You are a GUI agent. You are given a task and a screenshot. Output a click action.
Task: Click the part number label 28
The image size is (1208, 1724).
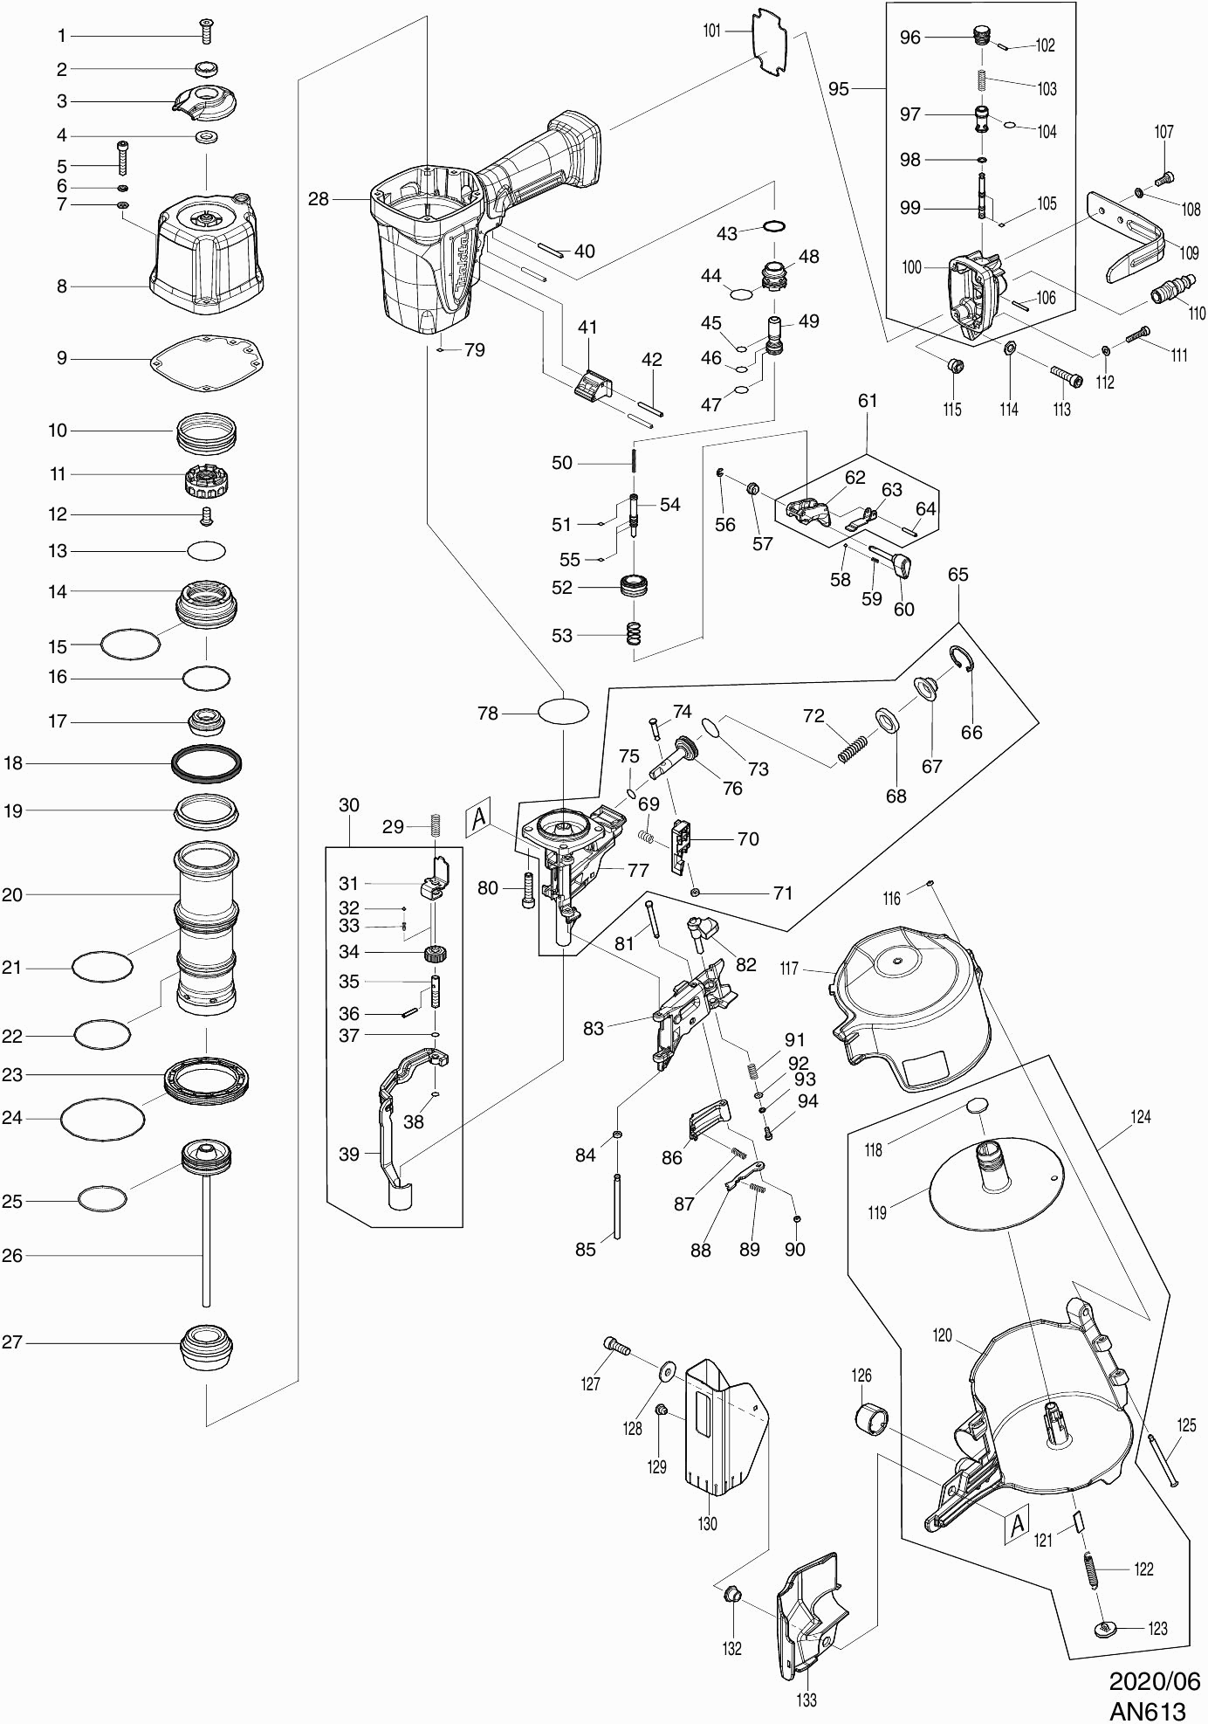pyautogui.click(x=319, y=199)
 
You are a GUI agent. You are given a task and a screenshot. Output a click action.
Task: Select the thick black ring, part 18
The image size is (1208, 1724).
pyautogui.click(x=206, y=763)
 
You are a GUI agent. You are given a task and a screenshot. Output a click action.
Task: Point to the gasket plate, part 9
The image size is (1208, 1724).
pyautogui.click(x=208, y=357)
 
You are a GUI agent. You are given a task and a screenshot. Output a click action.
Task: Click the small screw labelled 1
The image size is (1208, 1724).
pyautogui.click(x=207, y=32)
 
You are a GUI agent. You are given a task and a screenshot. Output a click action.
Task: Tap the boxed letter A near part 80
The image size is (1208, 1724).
pyautogui.click(x=478, y=818)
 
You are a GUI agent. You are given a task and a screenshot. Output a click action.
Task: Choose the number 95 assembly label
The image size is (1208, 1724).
pyautogui.click(x=838, y=89)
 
